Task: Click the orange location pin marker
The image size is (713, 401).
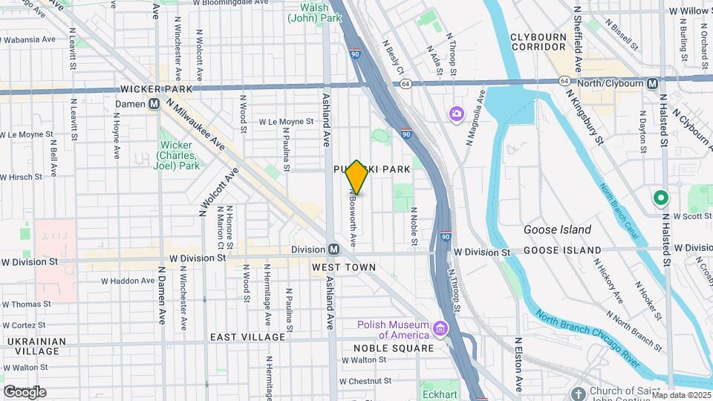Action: [x=356, y=177]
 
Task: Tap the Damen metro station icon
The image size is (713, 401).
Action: [x=154, y=104]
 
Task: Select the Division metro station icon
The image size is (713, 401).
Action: [x=334, y=250]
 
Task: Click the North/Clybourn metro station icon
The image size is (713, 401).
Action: [x=652, y=83]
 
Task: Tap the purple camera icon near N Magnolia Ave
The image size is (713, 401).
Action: [x=455, y=114]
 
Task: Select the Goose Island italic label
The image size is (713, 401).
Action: [x=557, y=229]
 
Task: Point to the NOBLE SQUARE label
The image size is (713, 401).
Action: [x=394, y=348]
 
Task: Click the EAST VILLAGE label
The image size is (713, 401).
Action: [x=248, y=337]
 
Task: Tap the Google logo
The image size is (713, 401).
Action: [x=25, y=391]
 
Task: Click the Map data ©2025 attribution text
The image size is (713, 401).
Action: [x=681, y=395]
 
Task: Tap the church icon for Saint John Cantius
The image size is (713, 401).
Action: [x=579, y=392]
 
